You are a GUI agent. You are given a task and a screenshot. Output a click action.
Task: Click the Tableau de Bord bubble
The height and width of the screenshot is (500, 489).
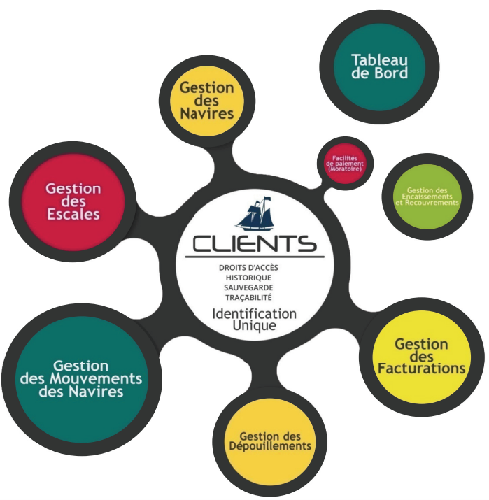tap(379, 67)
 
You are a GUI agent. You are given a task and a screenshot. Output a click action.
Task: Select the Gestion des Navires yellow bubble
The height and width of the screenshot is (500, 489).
tap(207, 101)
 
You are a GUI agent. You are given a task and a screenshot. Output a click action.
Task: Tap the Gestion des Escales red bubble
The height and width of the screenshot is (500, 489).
tap(73, 201)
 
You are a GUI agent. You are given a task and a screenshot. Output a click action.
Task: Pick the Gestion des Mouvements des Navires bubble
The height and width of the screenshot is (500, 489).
tap(81, 379)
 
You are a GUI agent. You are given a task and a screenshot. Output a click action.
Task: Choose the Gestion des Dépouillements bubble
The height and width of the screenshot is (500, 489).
tap(270, 442)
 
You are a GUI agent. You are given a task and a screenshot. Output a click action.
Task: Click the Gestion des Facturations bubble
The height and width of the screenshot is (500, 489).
tap(422, 357)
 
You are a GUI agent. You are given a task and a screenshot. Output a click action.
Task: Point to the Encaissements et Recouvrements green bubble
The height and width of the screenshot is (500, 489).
tap(427, 197)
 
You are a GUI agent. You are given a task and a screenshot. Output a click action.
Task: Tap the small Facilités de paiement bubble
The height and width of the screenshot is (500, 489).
tap(345, 163)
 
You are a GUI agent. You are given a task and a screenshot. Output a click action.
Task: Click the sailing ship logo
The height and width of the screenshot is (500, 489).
tap(255, 213)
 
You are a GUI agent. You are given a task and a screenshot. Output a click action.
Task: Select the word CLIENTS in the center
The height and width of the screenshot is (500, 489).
tap(255, 244)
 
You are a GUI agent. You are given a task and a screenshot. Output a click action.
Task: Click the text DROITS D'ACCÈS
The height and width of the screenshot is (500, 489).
tap(248, 268)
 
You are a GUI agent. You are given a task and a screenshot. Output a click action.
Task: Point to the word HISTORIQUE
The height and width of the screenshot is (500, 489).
tap(248, 278)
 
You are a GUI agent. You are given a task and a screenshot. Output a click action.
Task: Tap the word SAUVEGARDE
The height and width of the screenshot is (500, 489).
tap(248, 287)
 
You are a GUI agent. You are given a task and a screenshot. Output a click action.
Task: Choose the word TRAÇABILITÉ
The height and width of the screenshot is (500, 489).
tap(248, 298)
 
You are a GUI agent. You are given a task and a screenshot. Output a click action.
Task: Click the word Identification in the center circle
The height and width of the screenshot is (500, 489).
tap(255, 314)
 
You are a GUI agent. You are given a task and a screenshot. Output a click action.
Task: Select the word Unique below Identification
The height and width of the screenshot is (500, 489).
tap(254, 326)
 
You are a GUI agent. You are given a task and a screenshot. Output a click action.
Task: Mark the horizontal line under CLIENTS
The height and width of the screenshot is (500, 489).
tap(255, 257)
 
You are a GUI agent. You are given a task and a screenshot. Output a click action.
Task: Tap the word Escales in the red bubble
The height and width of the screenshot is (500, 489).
tap(73, 214)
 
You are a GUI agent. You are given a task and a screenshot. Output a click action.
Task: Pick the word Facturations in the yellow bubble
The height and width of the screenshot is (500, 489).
tap(422, 369)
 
